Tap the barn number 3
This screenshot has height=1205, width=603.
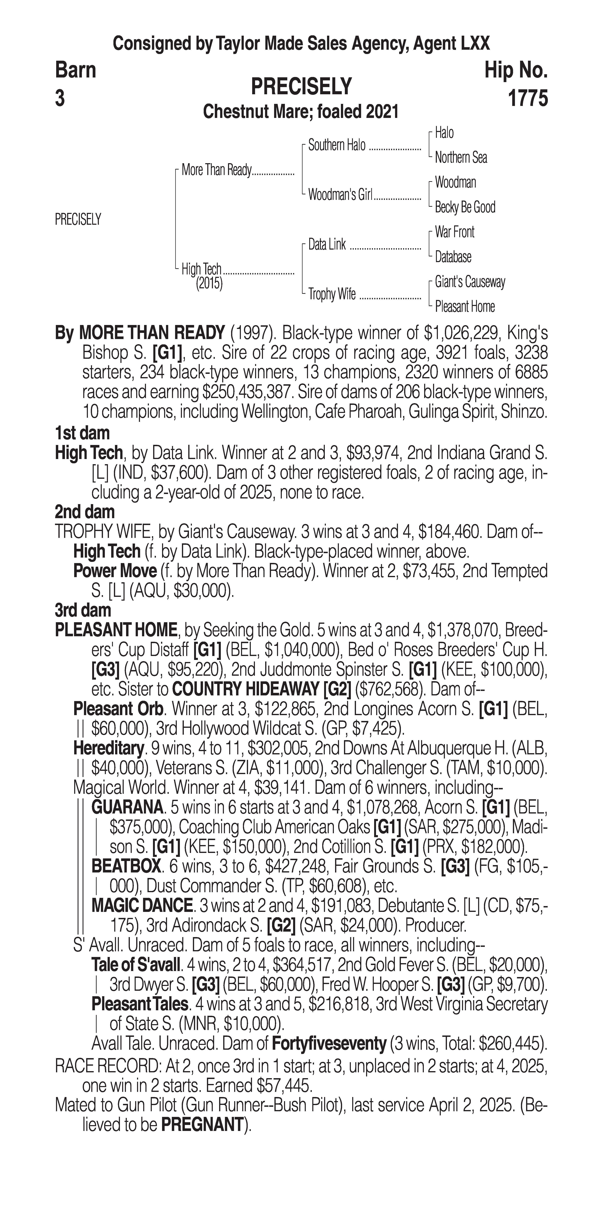[x=60, y=99]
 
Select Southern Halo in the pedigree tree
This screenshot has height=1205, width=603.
[x=337, y=146]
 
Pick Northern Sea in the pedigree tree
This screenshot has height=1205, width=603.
[x=461, y=158]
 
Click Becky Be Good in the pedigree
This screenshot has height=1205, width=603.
[x=465, y=207]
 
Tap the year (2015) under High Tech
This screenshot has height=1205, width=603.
[x=209, y=284]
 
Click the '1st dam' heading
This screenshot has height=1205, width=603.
[x=82, y=433]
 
